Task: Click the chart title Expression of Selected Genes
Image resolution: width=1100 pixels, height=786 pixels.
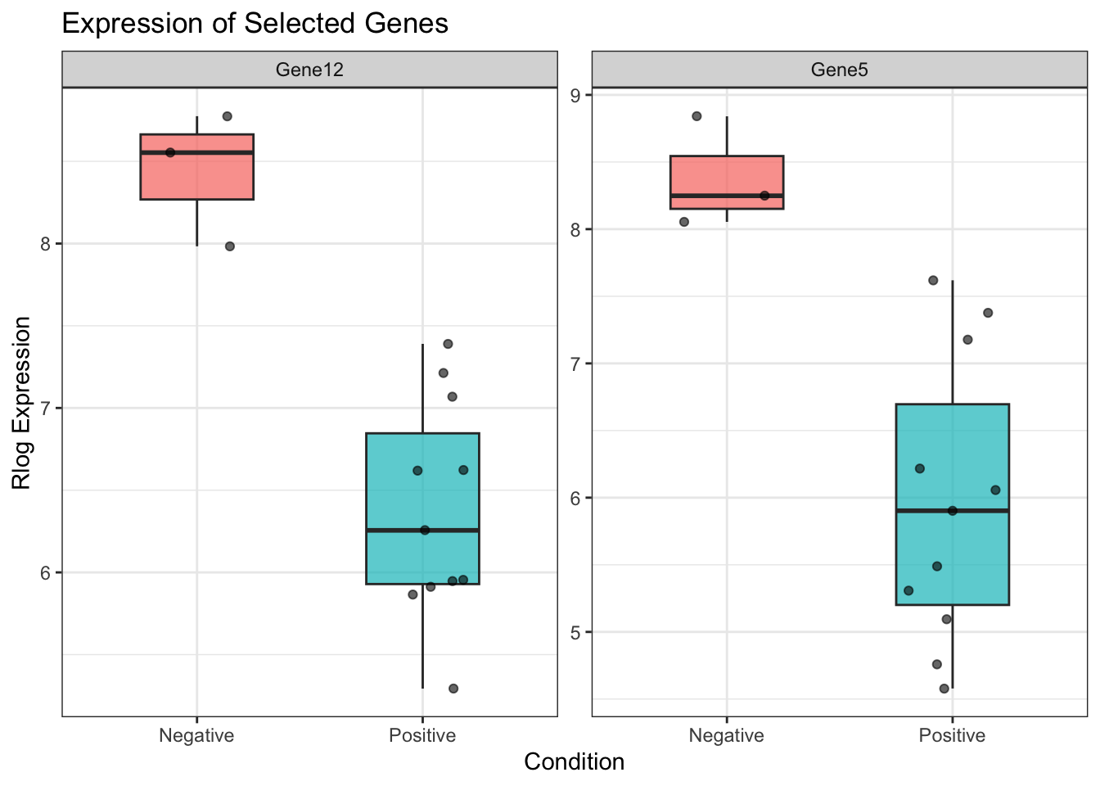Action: [x=255, y=24]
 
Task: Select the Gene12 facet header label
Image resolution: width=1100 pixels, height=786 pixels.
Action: [x=309, y=70]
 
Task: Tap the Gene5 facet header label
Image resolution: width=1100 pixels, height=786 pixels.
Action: [x=839, y=70]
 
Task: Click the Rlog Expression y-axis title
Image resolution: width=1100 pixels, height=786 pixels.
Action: [x=22, y=403]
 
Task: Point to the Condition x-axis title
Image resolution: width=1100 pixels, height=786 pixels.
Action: [x=574, y=762]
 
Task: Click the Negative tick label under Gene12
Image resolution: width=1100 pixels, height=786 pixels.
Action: [x=196, y=735]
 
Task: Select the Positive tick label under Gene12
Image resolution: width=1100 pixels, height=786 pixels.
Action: [x=422, y=735]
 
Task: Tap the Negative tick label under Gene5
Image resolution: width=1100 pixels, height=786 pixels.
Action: [x=726, y=735]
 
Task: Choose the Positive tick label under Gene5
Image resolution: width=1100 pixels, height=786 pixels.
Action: [x=952, y=735]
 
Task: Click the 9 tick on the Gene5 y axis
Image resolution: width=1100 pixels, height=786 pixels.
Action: [x=575, y=95]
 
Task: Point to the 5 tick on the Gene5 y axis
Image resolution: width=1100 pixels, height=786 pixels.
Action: [x=575, y=632]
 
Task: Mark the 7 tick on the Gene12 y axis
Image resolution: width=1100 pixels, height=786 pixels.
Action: [x=45, y=408]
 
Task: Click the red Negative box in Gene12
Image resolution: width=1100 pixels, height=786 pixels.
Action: [x=196, y=176]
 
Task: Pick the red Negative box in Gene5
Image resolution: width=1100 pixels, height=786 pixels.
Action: [x=726, y=176]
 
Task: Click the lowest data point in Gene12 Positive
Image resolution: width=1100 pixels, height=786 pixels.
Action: [x=453, y=689]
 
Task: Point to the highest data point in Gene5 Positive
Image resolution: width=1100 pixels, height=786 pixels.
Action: [x=933, y=280]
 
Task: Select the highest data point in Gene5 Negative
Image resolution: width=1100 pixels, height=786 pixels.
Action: [x=697, y=116]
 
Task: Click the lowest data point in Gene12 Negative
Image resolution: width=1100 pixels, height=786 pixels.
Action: [x=230, y=246]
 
